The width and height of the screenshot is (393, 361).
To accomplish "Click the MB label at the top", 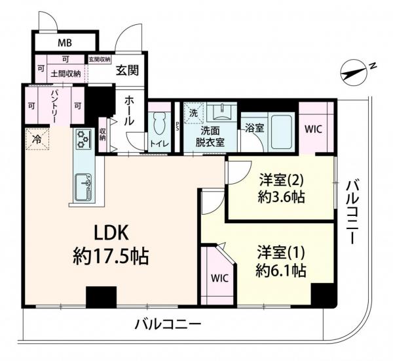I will [64, 43].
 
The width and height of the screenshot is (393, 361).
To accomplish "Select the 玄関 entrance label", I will [126, 72].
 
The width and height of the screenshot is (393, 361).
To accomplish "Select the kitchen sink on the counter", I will [83, 186].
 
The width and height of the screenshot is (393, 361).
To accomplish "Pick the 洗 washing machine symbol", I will [193, 112].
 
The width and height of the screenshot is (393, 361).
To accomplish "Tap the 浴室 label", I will [254, 128].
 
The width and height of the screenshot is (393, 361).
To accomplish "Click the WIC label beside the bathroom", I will [313, 129].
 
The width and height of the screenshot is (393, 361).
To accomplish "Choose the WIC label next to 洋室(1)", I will [219, 278].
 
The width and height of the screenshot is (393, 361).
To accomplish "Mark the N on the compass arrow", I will [371, 66].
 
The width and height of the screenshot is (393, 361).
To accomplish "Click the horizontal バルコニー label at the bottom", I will [167, 323].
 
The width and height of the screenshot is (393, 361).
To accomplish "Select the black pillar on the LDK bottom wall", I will [101, 297].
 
